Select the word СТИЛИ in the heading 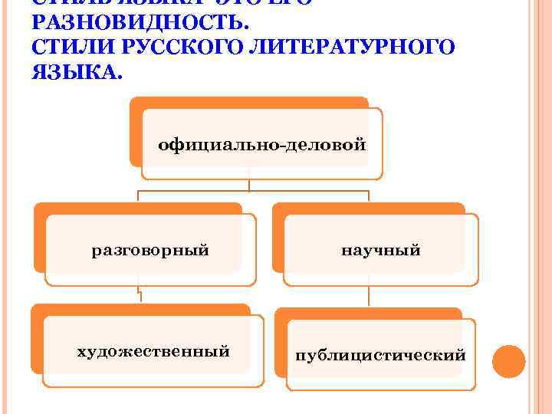tap(66, 48)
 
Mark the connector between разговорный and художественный tap(139, 295)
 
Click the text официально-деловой tap(261, 144)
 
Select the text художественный tap(153, 351)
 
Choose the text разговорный tap(150, 250)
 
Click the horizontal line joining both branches tap(253, 191)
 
